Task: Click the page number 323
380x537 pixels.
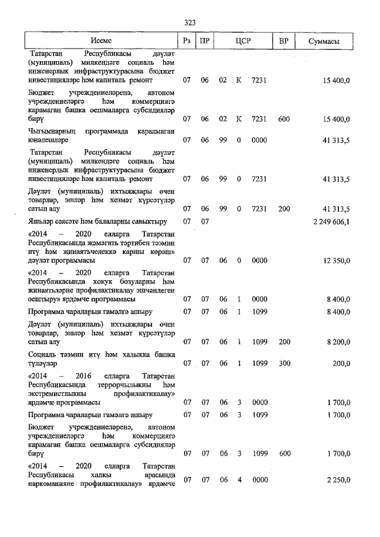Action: coord(189,23)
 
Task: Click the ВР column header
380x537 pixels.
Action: coord(284,41)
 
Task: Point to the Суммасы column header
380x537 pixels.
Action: coord(325,41)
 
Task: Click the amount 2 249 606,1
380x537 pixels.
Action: coord(327,222)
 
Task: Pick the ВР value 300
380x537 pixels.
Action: coord(284,364)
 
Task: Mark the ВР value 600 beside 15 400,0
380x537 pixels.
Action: coord(284,119)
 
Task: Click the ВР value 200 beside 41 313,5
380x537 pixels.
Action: coord(284,209)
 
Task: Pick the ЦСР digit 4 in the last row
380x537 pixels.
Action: coord(239,479)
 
